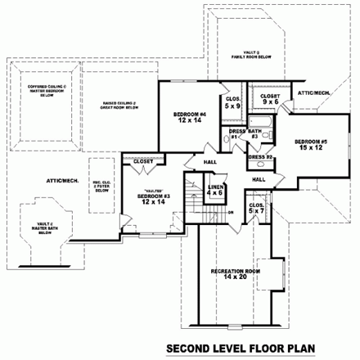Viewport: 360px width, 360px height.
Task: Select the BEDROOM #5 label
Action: tap(311, 142)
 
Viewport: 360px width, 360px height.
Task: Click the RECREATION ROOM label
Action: tap(235, 271)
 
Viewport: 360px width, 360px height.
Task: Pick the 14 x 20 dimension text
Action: tap(235, 278)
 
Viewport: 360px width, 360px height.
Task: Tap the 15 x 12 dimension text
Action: tap(311, 150)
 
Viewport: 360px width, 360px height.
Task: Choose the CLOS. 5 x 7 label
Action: tap(255, 208)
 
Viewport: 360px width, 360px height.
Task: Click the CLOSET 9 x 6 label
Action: tap(271, 99)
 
